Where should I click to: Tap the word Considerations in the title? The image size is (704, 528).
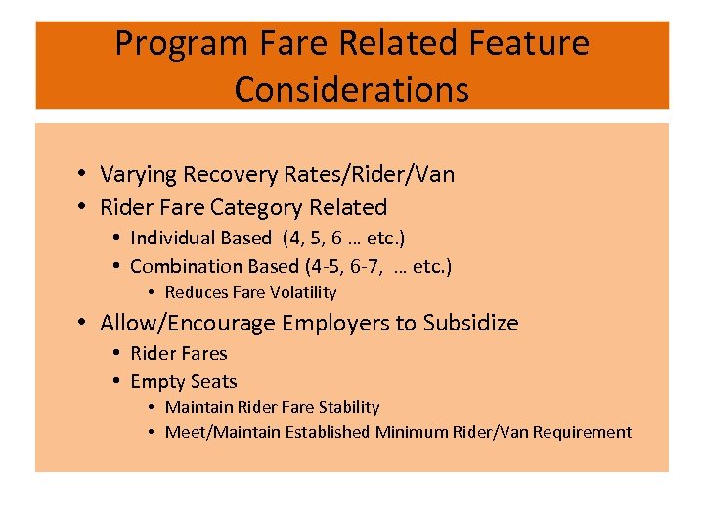(x=352, y=90)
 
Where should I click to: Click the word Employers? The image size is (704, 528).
(x=329, y=323)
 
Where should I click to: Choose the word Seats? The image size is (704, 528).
(x=212, y=382)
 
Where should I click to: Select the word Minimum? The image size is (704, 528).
(x=407, y=432)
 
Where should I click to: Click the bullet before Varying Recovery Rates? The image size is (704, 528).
(x=86, y=175)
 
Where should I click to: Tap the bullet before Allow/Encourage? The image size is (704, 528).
(x=86, y=323)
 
